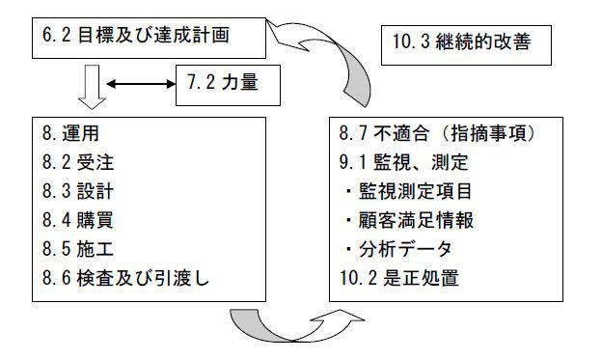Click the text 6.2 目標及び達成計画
pyautogui.click(x=135, y=36)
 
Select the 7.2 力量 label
pyautogui.click(x=223, y=82)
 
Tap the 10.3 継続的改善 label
pyautogui.click(x=461, y=42)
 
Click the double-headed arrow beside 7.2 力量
pyautogui.click(x=141, y=84)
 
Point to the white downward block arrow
pyautogui.click(x=92, y=87)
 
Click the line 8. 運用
pyautogui.click(x=70, y=133)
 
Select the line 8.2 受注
pyautogui.click(x=78, y=162)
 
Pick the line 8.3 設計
pyautogui.click(x=78, y=191)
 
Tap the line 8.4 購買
pyautogui.click(x=78, y=220)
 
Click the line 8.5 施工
pyautogui.click(x=78, y=249)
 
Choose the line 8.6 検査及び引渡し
pyautogui.click(x=125, y=278)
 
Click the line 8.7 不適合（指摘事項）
pyautogui.click(x=438, y=133)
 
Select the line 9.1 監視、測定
pyautogui.click(x=404, y=162)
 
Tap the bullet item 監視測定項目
pyautogui.click(x=408, y=191)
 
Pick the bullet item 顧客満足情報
pyautogui.click(x=409, y=220)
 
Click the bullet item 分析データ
pyautogui.click(x=398, y=249)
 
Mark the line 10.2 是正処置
pyautogui.click(x=399, y=278)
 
